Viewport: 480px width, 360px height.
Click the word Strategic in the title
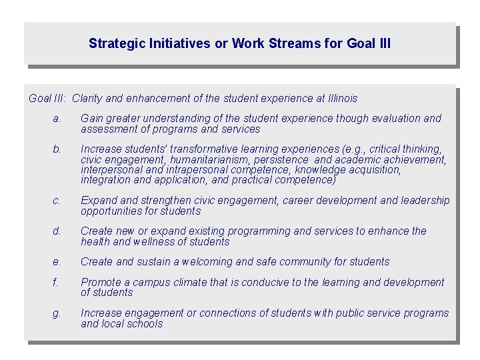point(115,44)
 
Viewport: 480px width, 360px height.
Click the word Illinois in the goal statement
point(337,99)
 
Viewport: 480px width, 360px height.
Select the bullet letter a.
point(57,118)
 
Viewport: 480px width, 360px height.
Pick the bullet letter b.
point(57,149)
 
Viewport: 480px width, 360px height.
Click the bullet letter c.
point(57,200)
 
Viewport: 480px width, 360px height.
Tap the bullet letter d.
point(57,231)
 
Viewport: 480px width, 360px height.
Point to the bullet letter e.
point(57,261)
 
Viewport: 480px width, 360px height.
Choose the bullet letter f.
point(56,282)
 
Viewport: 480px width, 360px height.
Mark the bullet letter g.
point(57,313)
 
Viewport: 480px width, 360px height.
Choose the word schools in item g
point(143,323)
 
